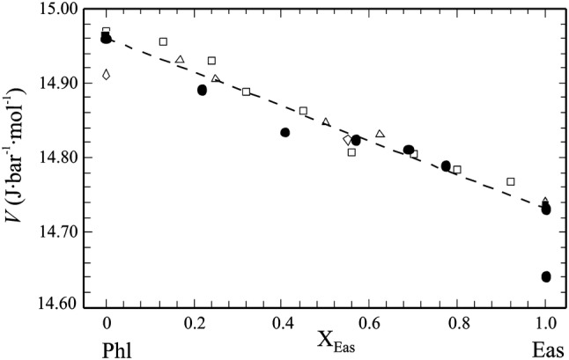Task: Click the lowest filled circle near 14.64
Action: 546,276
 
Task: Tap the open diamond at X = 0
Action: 107,75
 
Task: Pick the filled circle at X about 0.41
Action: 284,132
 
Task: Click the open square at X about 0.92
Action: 511,181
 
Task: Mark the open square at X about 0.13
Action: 163,41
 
